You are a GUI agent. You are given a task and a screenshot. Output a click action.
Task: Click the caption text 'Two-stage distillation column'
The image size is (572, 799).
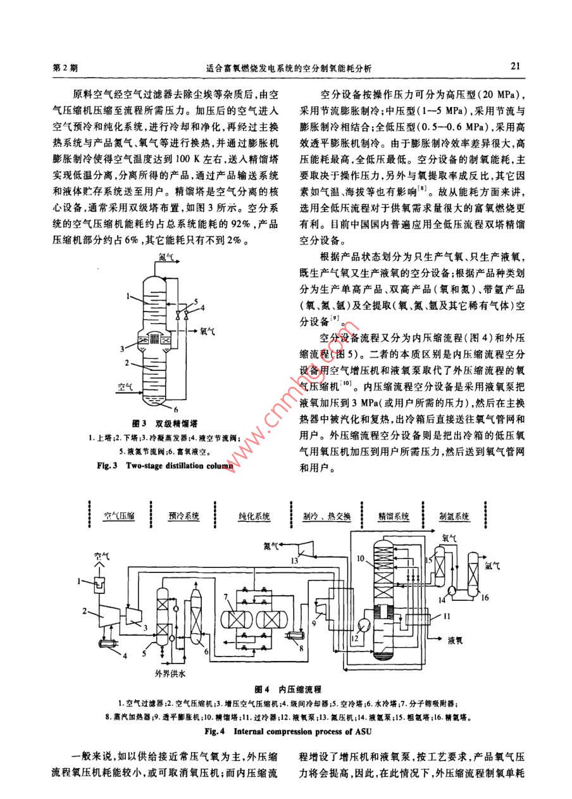pyautogui.click(x=180, y=466)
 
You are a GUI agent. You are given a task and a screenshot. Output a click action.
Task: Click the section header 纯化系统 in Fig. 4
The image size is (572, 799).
pyautogui.click(x=254, y=517)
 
